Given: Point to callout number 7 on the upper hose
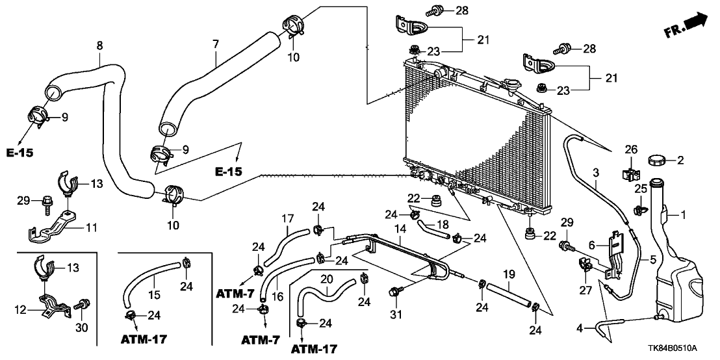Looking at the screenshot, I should (216, 45).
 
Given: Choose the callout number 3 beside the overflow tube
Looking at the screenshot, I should (595, 172).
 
